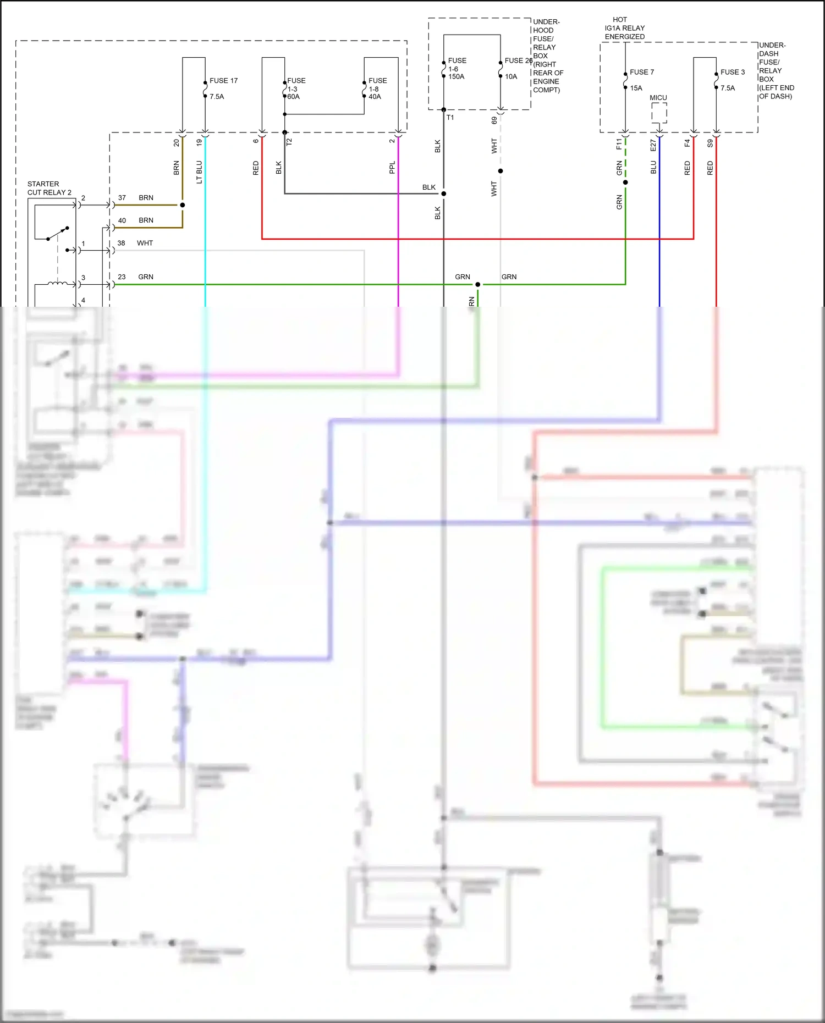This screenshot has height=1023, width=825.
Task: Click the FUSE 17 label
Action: [223, 80]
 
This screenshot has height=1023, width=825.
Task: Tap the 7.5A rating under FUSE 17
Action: [217, 96]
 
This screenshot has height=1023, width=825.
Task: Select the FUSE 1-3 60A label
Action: [296, 89]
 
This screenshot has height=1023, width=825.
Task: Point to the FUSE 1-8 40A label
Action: [377, 89]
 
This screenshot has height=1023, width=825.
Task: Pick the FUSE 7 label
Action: [641, 72]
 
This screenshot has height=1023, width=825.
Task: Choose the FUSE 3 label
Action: [733, 72]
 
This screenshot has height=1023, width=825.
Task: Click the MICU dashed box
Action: [659, 113]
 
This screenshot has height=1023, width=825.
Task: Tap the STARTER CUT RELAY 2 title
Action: [50, 188]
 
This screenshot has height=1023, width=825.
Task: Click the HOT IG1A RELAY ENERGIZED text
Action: [625, 28]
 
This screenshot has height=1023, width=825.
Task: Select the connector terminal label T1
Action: [450, 118]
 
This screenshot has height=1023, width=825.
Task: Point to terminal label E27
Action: [653, 145]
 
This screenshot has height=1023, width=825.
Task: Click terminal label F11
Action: [619, 144]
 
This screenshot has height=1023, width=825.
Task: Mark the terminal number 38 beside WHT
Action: [121, 243]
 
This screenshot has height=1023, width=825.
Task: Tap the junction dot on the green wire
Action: [477, 284]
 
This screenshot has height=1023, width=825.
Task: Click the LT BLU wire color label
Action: [199, 172]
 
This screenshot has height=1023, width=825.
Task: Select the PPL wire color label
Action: [392, 168]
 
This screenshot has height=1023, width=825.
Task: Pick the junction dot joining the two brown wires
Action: [183, 205]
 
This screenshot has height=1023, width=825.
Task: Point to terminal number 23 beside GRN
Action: [122, 277]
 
